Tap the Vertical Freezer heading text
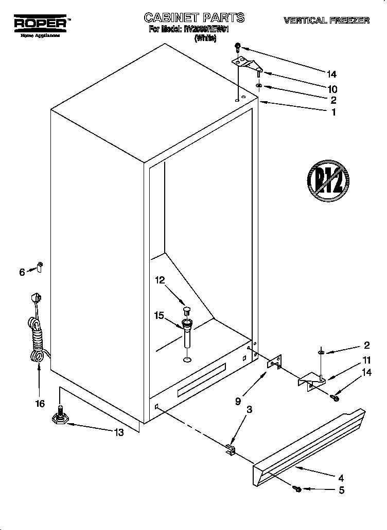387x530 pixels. pos(326,21)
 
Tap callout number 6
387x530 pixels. pos(22,272)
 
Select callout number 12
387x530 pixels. pos(160,280)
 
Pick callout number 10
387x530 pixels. pos(332,89)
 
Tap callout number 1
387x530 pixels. pos(333,112)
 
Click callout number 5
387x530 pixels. pos(341,490)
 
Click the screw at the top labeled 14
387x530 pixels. pos(238,47)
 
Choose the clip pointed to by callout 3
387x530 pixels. pos(230,450)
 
